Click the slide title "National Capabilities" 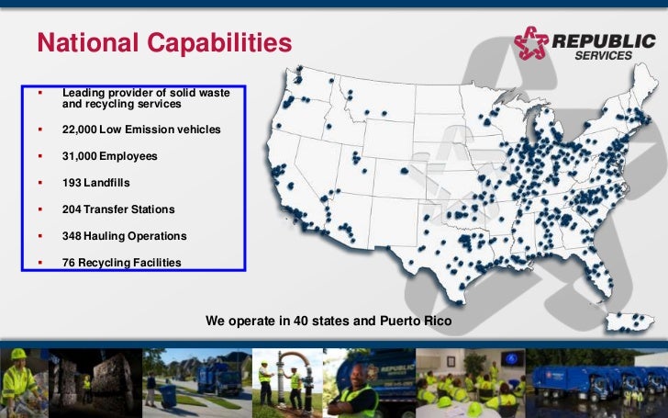[164, 42]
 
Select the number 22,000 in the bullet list [83, 130]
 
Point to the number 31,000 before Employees [83, 157]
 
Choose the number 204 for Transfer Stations [72, 209]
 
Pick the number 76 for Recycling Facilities [69, 263]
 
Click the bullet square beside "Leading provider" [39, 93]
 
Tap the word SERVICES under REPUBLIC [603, 55]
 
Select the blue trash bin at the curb [168, 394]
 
